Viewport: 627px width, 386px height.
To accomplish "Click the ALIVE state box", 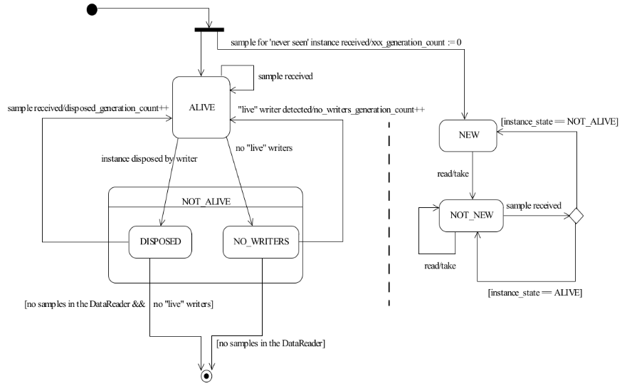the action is (201, 108).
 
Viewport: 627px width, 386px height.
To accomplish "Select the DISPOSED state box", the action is (160, 242).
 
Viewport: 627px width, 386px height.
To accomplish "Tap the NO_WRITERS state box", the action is (260, 242).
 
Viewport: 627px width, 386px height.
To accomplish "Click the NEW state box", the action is (468, 135).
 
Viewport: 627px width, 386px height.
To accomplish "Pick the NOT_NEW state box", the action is (471, 216).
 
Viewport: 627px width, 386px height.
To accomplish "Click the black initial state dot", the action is (92, 9).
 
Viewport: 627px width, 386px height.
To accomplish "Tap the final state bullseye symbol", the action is (206, 376).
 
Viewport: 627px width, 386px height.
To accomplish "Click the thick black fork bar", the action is (209, 30).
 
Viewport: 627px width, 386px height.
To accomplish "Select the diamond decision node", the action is (576, 216).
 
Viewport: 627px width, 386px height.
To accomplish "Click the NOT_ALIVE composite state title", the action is (206, 202).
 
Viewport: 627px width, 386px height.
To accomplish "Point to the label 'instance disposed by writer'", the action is (149, 159).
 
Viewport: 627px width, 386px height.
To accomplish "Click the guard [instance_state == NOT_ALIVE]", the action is (559, 122).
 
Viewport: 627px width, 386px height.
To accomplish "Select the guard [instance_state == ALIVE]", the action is (535, 293).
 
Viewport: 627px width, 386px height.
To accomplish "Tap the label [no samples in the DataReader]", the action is (270, 343).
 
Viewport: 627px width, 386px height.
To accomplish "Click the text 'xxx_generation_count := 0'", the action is (416, 43).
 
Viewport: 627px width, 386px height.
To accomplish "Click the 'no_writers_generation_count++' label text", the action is (369, 110).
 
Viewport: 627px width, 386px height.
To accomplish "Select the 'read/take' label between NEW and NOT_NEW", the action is (453, 174).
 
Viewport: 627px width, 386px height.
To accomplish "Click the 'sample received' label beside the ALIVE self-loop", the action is (285, 76).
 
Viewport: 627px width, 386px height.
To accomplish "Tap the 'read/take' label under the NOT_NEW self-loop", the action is (440, 266).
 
